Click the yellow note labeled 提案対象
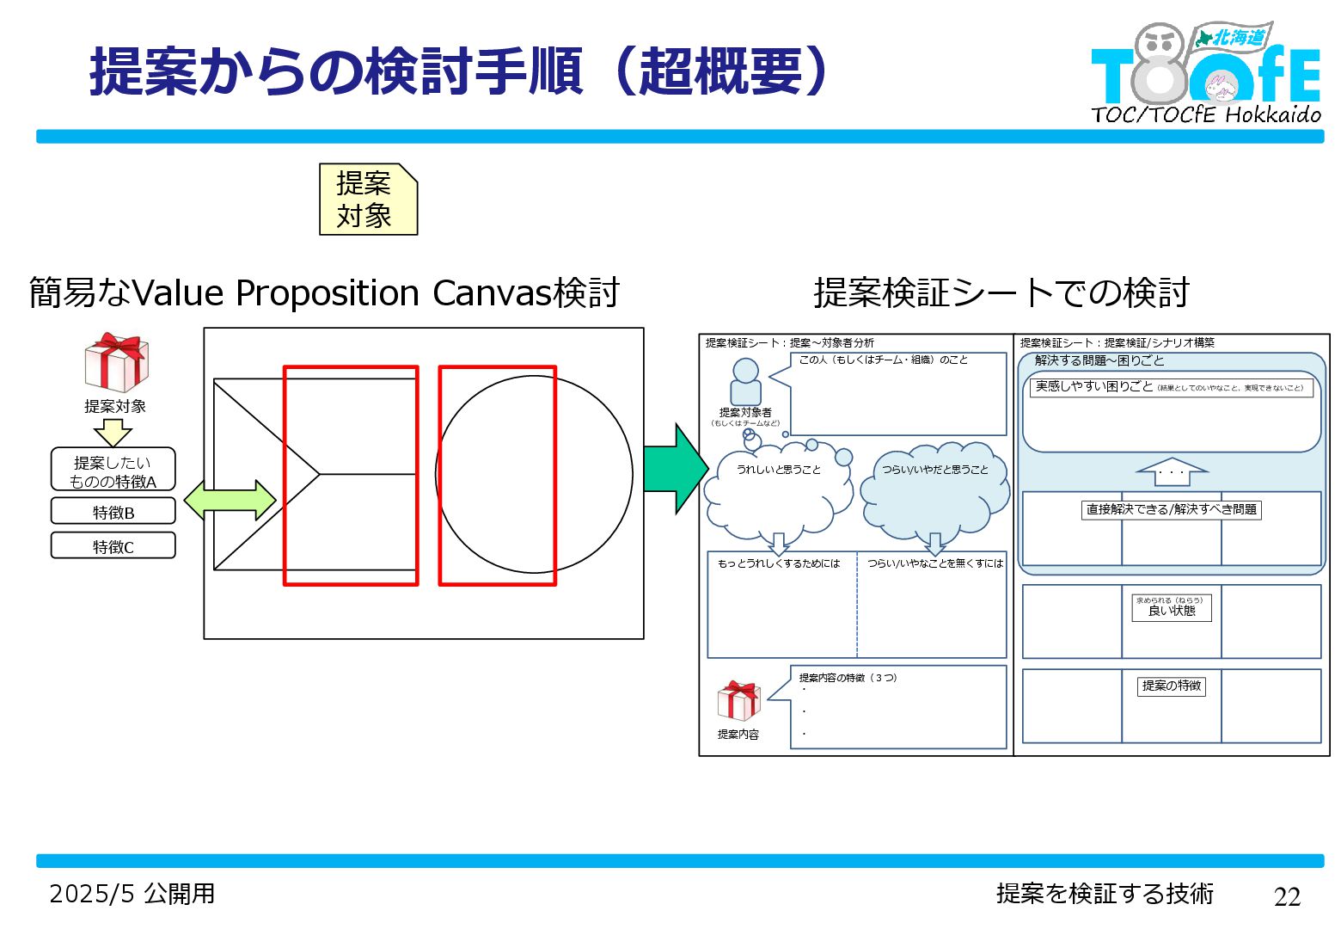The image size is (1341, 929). (x=368, y=200)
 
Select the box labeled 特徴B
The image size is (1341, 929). (x=113, y=512)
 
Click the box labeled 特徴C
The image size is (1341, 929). (x=113, y=546)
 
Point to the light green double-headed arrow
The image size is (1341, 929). (x=230, y=500)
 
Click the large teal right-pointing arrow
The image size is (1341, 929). (x=676, y=469)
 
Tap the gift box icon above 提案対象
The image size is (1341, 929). (x=116, y=362)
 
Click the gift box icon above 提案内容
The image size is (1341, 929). (x=738, y=701)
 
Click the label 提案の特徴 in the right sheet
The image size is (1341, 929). (x=1171, y=686)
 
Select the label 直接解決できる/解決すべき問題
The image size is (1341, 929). (x=1171, y=510)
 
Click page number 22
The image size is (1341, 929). (x=1287, y=896)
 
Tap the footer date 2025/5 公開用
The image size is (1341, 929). (x=132, y=894)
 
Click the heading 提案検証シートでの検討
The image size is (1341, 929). (x=1001, y=292)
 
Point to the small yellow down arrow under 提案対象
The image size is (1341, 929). (x=113, y=433)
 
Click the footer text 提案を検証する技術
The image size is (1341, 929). (x=1105, y=894)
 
